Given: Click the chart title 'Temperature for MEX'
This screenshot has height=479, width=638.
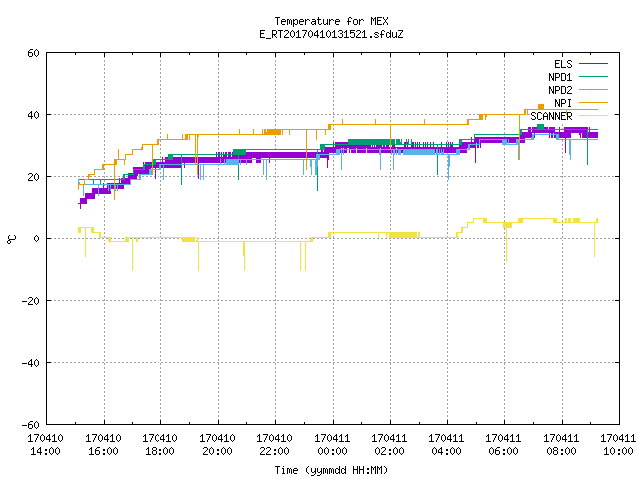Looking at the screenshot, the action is click(x=331, y=21).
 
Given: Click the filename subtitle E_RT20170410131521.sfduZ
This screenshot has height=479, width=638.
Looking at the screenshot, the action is click(x=331, y=34).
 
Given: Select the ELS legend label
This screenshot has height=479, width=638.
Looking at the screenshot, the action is click(x=563, y=64).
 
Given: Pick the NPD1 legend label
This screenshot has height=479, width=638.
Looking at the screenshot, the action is click(x=560, y=77).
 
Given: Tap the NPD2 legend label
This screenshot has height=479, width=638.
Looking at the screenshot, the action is click(x=560, y=90).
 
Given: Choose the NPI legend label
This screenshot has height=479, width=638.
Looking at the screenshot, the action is click(x=563, y=103).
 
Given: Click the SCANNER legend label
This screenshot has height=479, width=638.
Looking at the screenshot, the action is click(x=551, y=116).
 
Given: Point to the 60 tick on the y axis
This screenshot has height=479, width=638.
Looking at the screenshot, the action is click(x=33, y=53).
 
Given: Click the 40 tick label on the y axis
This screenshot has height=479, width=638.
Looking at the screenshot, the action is click(x=33, y=115).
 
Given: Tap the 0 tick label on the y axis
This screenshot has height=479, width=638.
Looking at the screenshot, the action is click(x=37, y=239).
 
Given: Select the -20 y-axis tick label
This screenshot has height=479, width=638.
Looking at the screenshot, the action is click(x=31, y=301).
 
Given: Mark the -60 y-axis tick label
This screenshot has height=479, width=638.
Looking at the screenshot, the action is click(x=31, y=425).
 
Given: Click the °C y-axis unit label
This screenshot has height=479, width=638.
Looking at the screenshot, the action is click(x=11, y=239).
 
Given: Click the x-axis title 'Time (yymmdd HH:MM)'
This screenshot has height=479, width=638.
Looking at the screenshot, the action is click(x=331, y=470).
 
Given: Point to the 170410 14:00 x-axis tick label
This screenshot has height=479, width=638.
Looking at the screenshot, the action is click(x=45, y=445).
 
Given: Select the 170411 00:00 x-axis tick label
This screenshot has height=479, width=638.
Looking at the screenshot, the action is click(x=332, y=445).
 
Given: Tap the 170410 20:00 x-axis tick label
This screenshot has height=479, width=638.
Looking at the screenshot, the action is click(x=217, y=445).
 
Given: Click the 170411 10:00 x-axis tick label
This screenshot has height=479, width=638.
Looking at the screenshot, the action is click(x=618, y=445).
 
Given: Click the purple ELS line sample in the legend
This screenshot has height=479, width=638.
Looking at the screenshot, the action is click(x=593, y=64).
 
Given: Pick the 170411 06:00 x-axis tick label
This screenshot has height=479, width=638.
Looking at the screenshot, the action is click(x=503, y=445).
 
